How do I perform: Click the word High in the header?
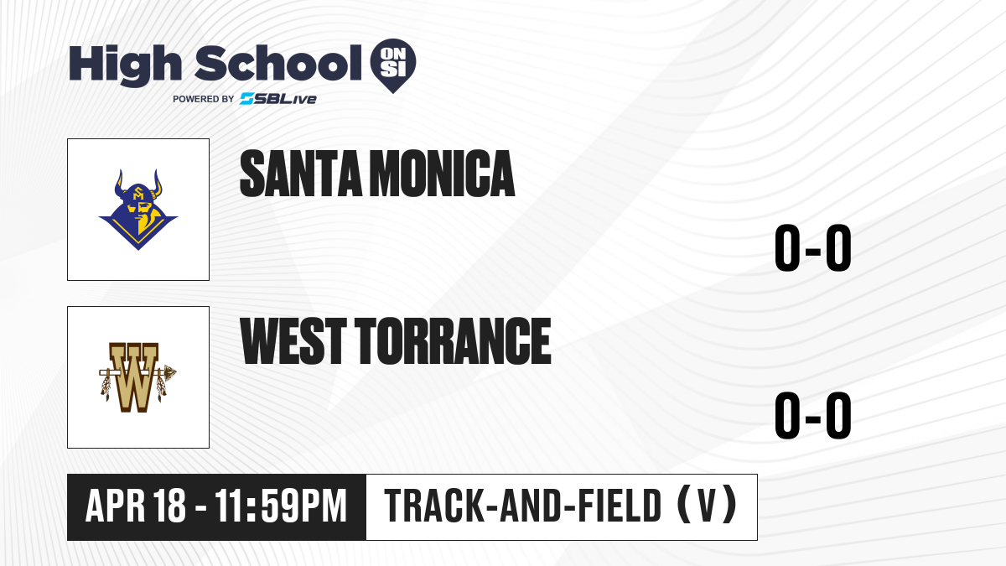(125, 65)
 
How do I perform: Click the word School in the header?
(278, 63)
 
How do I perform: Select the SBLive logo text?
(278, 98)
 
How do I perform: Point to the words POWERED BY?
(204, 99)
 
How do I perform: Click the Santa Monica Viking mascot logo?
(138, 210)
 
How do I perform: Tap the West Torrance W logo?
(137, 377)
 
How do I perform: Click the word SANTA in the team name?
(301, 174)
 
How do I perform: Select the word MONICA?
(443, 174)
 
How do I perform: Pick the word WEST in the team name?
(293, 341)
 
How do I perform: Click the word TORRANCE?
(454, 341)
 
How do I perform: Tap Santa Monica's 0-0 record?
(813, 248)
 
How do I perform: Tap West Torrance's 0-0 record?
(813, 415)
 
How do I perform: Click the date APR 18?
(135, 506)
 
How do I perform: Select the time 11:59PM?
(281, 506)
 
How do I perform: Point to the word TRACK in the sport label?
(433, 505)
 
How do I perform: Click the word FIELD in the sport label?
(620, 505)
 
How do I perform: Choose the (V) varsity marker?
(707, 505)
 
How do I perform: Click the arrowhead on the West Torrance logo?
(169, 372)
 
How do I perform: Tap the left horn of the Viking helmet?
(119, 184)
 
